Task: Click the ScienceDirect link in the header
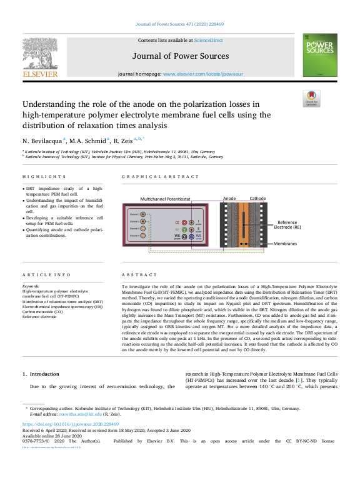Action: click(208, 40)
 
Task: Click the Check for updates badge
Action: click(311, 99)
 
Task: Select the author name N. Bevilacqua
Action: click(42, 140)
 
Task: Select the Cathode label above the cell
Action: click(257, 198)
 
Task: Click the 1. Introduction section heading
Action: click(41, 374)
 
